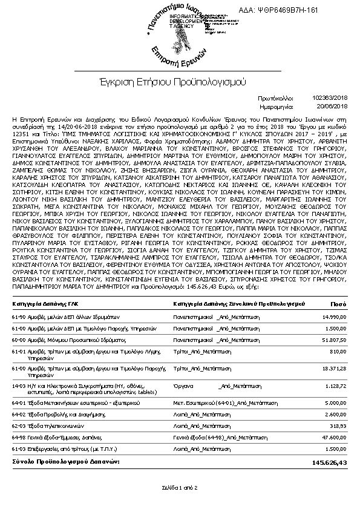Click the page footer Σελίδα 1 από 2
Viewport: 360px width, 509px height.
click(180, 487)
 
